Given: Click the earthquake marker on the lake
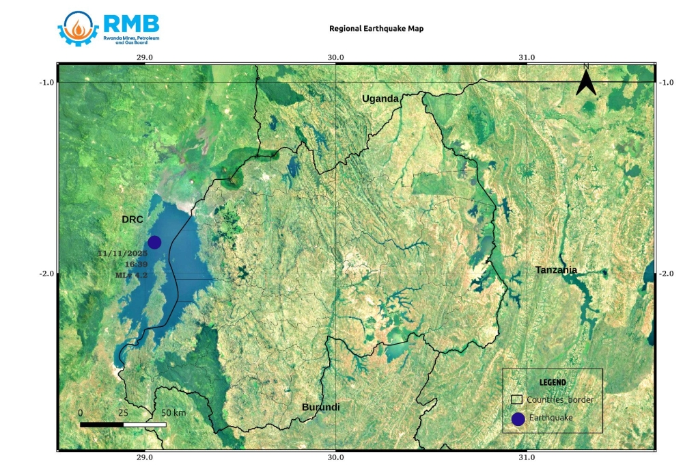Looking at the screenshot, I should pos(154,242).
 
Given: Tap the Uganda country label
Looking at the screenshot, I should pos(380,98).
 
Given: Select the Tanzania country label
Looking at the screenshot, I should pos(556,270).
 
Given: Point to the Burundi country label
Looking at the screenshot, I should pos(320,408).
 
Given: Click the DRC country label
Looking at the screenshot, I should pos(132,219).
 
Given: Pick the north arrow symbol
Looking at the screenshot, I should pos(585,81).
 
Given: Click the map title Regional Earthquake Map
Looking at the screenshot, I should pos(376,29).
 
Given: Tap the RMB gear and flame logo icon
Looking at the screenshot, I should pos(79,28).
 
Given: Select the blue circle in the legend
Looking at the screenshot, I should pos(518,419).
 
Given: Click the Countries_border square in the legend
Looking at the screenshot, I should pos(517,399).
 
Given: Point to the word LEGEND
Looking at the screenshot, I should pos(553,382).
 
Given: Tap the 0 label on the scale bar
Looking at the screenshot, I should pos(81,413).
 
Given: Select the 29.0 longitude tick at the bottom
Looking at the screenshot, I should pos(144,458).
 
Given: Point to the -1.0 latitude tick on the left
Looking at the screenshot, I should pos(46,82).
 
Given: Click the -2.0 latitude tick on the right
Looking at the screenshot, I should pos(666,273).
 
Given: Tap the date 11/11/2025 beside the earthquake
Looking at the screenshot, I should pos(122,254).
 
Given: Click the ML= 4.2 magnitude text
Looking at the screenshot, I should pos(130,275).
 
